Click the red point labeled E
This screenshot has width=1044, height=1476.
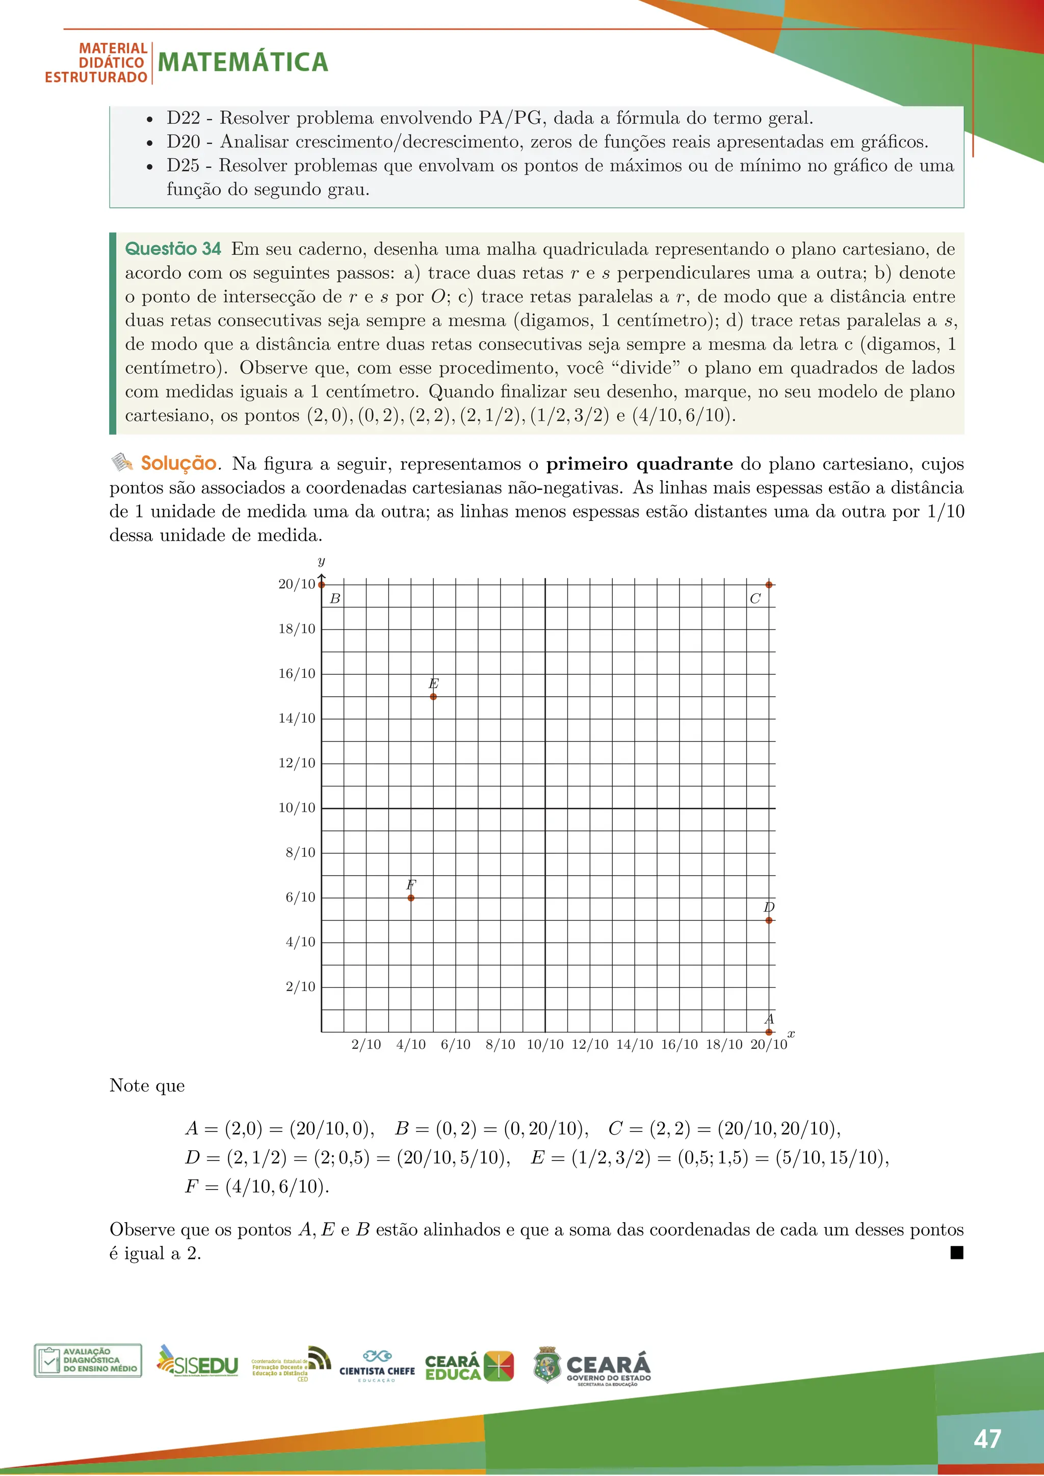433,696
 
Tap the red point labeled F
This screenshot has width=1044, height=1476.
411,898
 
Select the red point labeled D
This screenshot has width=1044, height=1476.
769,920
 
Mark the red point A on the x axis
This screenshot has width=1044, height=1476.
769,1032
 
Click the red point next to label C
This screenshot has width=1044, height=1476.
769,585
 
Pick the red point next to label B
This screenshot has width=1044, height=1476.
322,585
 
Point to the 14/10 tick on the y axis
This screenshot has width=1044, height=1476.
297,719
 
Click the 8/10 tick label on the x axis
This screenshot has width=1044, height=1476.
500,1045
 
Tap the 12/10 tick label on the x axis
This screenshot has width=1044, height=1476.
589,1045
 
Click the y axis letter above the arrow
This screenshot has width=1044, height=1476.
322,561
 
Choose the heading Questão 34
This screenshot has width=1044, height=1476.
172,249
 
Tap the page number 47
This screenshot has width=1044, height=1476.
987,1439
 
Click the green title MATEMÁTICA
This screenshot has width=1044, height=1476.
243,62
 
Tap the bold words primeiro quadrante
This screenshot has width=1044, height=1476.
639,463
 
